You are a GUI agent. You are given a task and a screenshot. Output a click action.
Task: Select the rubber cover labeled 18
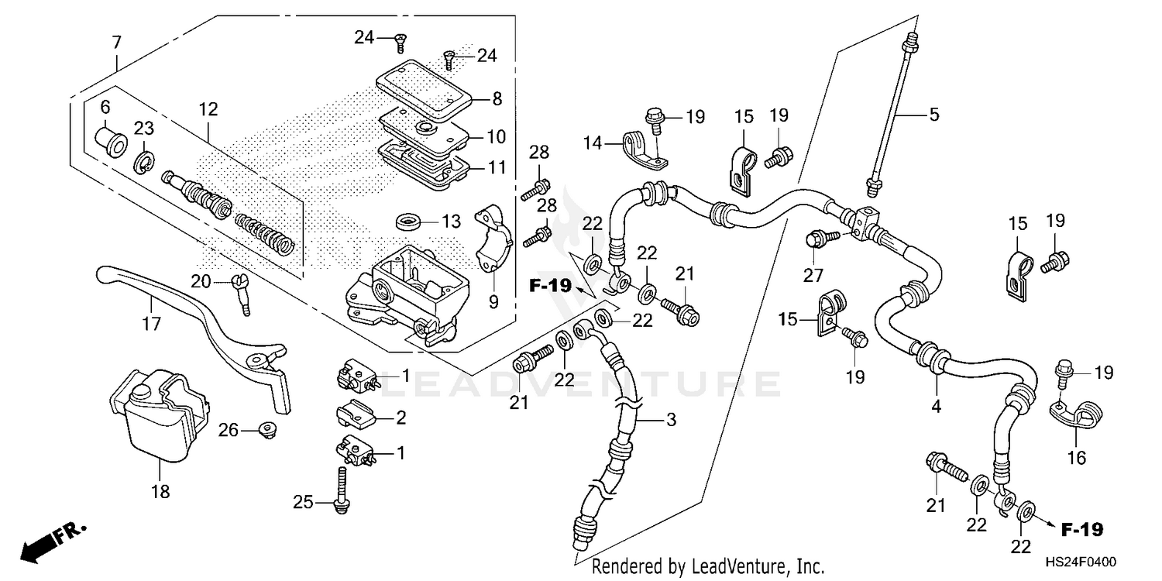(159, 414)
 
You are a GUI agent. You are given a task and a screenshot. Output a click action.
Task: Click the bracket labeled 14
(645, 151)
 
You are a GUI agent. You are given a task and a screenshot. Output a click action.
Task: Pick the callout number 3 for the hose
(671, 420)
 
